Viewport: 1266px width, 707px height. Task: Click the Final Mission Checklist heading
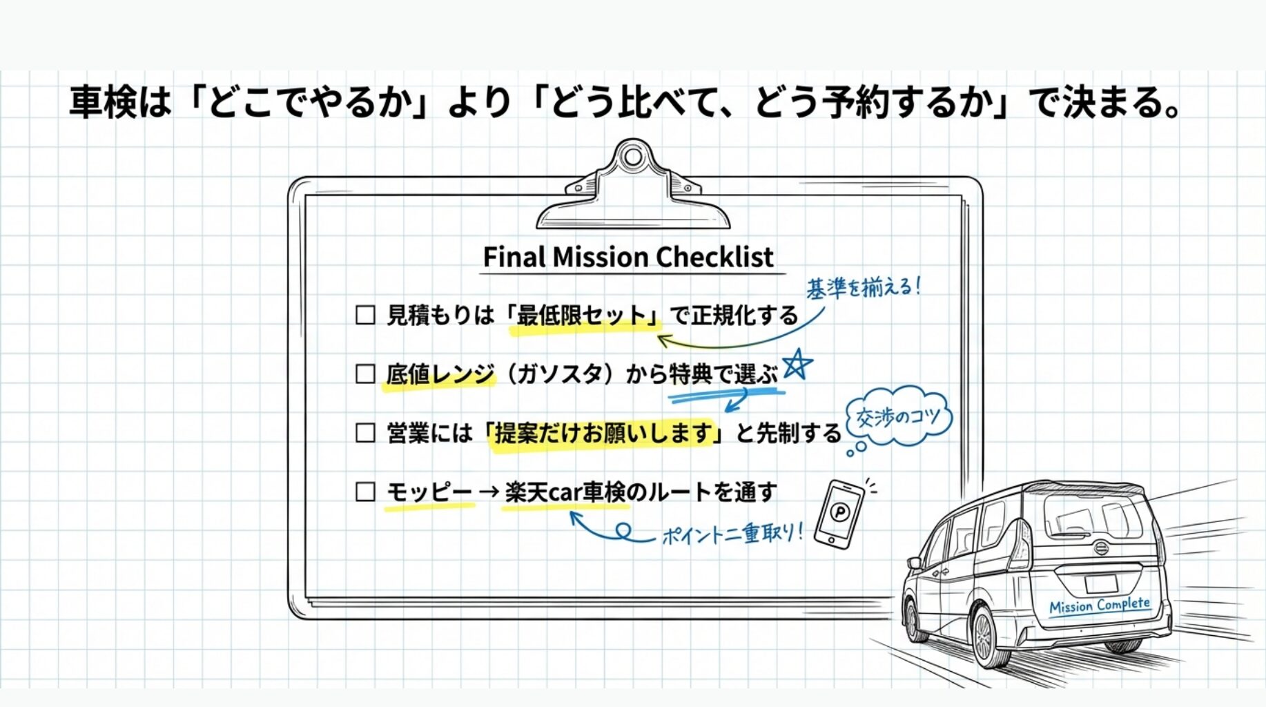(x=627, y=257)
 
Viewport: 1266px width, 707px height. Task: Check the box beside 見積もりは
(x=365, y=316)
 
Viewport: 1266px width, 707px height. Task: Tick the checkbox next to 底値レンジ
(x=365, y=374)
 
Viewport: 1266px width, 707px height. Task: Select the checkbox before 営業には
(x=365, y=433)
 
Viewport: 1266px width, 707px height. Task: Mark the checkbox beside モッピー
(x=365, y=492)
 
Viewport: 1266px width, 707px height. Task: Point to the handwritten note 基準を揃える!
(x=863, y=287)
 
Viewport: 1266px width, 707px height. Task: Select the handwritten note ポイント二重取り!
(x=732, y=534)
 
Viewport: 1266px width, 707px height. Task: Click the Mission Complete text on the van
(x=1099, y=606)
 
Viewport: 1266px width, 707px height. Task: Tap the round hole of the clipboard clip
(x=632, y=157)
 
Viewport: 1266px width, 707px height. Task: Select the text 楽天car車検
(x=565, y=492)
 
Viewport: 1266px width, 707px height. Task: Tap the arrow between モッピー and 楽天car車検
(x=489, y=492)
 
